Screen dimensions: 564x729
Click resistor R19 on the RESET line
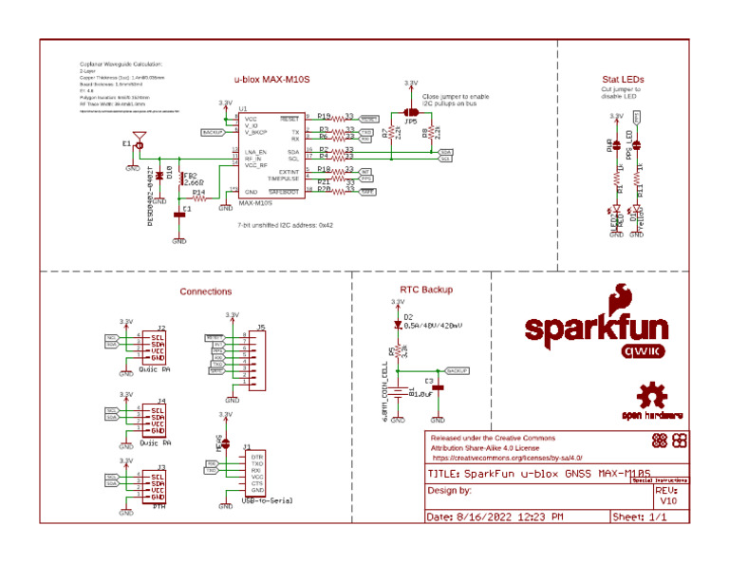[324, 115]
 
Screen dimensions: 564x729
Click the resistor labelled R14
[199, 193]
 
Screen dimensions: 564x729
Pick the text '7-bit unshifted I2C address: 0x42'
[286, 226]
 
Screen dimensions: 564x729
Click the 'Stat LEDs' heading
[623, 79]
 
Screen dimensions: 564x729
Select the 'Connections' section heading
[206, 291]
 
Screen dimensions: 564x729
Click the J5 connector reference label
[261, 327]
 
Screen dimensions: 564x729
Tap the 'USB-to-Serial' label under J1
[268, 498]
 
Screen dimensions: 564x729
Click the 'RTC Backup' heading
[426, 289]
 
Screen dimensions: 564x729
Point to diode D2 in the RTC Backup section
[399, 323]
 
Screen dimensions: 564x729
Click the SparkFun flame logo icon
[625, 297]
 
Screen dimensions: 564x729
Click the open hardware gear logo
[652, 396]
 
